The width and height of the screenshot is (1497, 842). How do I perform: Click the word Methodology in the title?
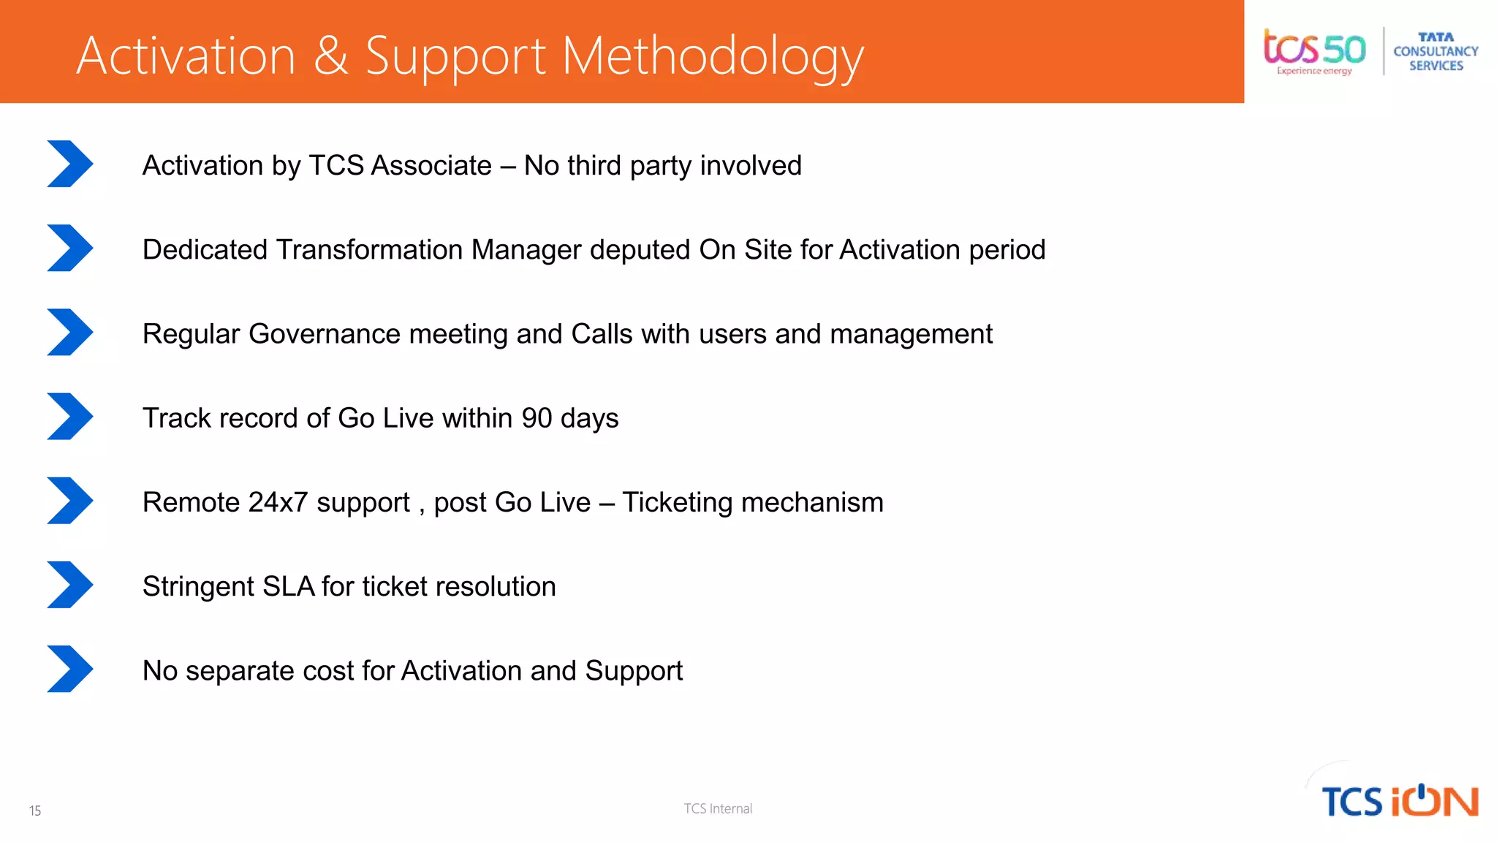[713, 57]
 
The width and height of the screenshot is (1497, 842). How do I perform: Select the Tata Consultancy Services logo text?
[1436, 51]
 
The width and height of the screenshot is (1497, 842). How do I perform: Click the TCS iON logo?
[1399, 800]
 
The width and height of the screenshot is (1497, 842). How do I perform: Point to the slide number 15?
[35, 811]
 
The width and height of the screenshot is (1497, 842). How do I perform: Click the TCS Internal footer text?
[718, 808]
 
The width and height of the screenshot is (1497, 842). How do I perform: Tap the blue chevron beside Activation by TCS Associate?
[70, 164]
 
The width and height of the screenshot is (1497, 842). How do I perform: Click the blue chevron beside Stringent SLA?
[70, 585]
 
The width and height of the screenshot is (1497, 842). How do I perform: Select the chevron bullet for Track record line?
[70, 417]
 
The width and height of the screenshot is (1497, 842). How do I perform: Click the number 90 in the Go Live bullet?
[537, 418]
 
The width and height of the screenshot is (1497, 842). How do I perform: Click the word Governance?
[325, 334]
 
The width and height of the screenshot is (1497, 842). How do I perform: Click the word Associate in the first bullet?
[431, 166]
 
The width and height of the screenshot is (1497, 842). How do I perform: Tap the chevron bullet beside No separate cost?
[70, 669]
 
